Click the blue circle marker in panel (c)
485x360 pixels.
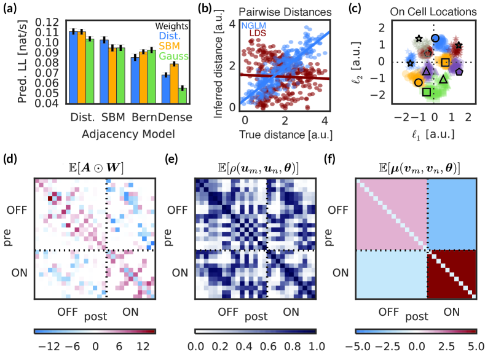[x=435, y=38]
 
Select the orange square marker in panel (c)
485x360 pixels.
[x=446, y=62]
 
